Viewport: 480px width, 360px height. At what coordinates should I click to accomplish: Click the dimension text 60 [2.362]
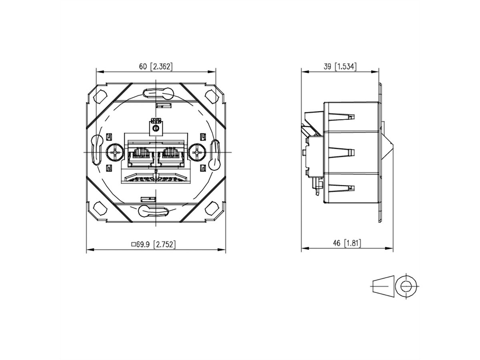[x=156, y=66]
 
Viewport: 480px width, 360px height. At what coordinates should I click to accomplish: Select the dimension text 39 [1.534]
[x=340, y=66]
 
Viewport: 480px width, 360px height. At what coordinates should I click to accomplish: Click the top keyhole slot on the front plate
[x=156, y=94]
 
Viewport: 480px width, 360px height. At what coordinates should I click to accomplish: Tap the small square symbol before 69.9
[x=134, y=244]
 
